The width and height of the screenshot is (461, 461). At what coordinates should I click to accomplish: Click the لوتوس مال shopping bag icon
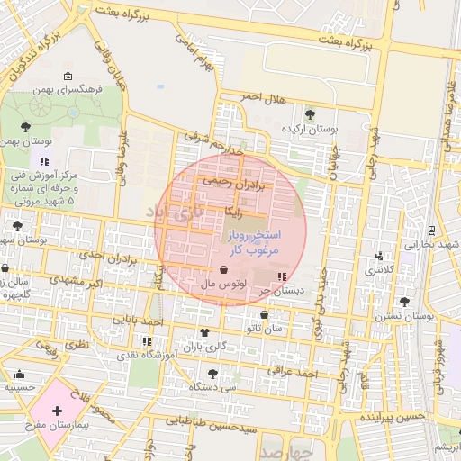[x=223, y=270]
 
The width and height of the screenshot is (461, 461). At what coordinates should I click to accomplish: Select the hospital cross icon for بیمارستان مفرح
[x=58, y=411]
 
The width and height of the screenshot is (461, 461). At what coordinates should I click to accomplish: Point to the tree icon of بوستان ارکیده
[x=311, y=114]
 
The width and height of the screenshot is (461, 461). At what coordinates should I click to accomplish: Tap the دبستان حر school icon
[x=283, y=276]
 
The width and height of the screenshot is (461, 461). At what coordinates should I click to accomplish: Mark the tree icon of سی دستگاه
[x=212, y=373]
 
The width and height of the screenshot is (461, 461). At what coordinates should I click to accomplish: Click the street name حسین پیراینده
[x=391, y=419]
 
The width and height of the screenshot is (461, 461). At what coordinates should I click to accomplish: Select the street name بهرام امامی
[x=200, y=56]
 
